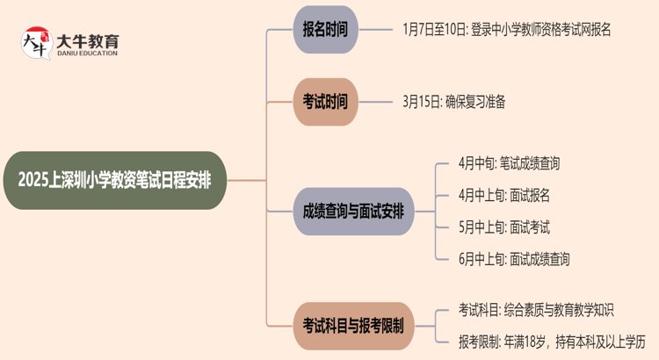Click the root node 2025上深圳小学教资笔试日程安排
120,181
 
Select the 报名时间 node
325,29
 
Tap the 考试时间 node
325,101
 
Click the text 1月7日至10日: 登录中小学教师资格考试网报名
506,29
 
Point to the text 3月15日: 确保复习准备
454,101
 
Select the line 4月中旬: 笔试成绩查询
509,163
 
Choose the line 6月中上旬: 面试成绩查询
514,259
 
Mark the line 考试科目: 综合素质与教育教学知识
535,309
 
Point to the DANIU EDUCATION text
87,54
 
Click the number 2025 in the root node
35,181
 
